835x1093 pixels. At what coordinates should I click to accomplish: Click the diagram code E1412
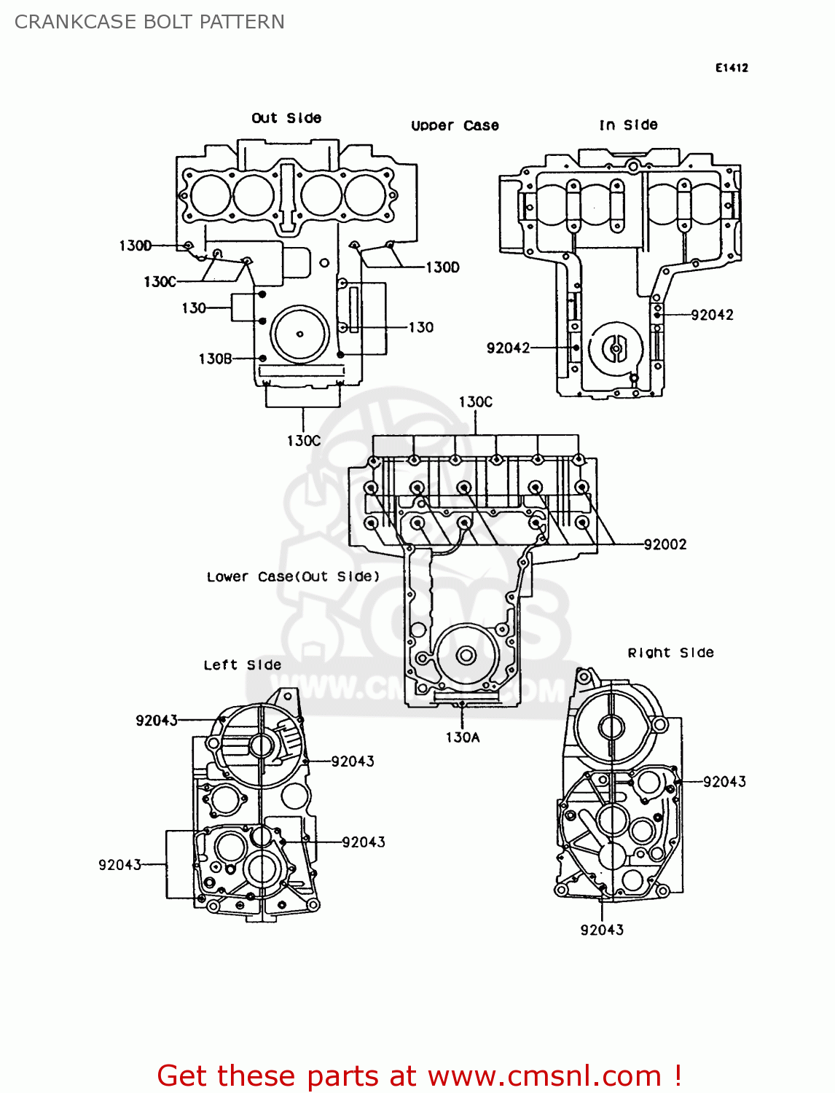click(732, 68)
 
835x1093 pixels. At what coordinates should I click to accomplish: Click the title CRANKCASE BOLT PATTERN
click(149, 22)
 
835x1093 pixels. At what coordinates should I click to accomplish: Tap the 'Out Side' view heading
click(286, 118)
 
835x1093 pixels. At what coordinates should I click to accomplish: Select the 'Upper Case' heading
click(455, 125)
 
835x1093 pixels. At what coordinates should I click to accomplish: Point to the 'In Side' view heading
click(628, 125)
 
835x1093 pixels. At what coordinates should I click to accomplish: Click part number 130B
click(215, 359)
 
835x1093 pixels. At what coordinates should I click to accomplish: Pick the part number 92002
click(665, 544)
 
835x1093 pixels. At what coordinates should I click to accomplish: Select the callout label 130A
click(463, 737)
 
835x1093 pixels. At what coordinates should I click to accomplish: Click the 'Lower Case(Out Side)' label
click(293, 576)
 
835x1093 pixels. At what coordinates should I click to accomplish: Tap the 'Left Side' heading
click(242, 665)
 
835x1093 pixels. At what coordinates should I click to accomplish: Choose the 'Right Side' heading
click(670, 653)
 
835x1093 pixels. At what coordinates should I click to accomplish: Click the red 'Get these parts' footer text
click(419, 1076)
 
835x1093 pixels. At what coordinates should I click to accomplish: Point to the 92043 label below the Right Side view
click(602, 930)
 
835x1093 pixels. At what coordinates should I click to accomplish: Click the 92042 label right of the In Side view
click(712, 315)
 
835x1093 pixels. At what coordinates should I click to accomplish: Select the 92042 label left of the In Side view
click(508, 348)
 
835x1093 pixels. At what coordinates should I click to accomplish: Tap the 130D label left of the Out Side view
click(136, 246)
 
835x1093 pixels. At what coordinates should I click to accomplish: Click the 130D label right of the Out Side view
click(442, 267)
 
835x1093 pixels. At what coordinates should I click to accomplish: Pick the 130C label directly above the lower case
click(475, 401)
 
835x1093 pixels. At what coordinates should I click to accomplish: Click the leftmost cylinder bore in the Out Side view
click(210, 195)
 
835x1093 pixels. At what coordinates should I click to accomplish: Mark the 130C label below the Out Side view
click(303, 441)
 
